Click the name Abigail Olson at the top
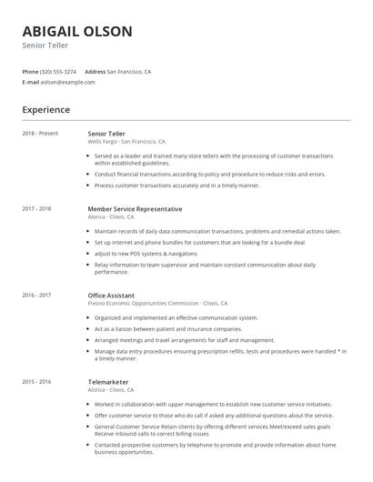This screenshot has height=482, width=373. point(77,32)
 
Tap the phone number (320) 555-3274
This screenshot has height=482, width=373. point(58,71)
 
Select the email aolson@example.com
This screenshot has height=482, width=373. point(68,82)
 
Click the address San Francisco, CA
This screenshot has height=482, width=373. point(129,71)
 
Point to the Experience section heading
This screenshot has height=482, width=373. point(45,110)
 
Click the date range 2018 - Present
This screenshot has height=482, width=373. point(40,134)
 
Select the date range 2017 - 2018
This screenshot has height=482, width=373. point(36,209)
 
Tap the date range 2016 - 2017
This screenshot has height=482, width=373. point(36,295)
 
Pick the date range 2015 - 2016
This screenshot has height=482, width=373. point(36,381)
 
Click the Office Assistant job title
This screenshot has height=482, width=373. point(111,295)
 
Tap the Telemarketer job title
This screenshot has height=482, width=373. point(108,381)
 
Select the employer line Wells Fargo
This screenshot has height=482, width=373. point(126,142)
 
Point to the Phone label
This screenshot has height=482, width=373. point(30,71)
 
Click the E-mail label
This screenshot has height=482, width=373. point(31,82)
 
